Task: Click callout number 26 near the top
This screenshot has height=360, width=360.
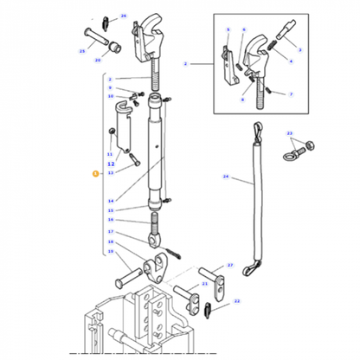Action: (x=123, y=16)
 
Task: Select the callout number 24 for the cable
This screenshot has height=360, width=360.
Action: (x=225, y=177)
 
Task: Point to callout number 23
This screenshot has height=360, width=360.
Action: (x=290, y=133)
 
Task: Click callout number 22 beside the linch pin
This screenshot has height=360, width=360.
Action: (x=237, y=301)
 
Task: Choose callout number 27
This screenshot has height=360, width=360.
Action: (x=230, y=266)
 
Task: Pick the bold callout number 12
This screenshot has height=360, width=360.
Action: (x=111, y=163)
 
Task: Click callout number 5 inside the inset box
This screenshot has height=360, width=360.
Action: (x=228, y=30)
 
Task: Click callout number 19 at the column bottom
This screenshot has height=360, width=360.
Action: (x=111, y=251)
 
